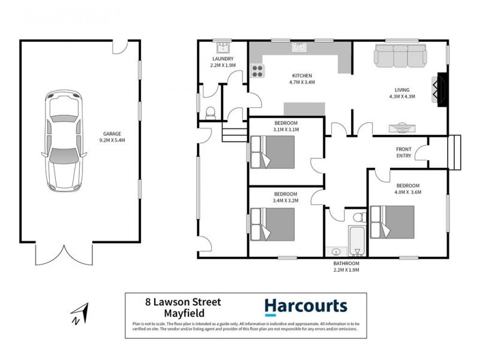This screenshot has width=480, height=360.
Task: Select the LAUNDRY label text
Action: point(222,59)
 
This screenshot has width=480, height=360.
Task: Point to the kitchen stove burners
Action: point(257,71)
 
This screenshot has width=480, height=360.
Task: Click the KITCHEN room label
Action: point(301,75)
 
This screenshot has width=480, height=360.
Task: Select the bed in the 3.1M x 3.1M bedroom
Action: point(273,152)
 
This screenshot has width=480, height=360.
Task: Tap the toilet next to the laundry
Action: point(210,112)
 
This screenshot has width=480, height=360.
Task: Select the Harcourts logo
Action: point(306,307)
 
